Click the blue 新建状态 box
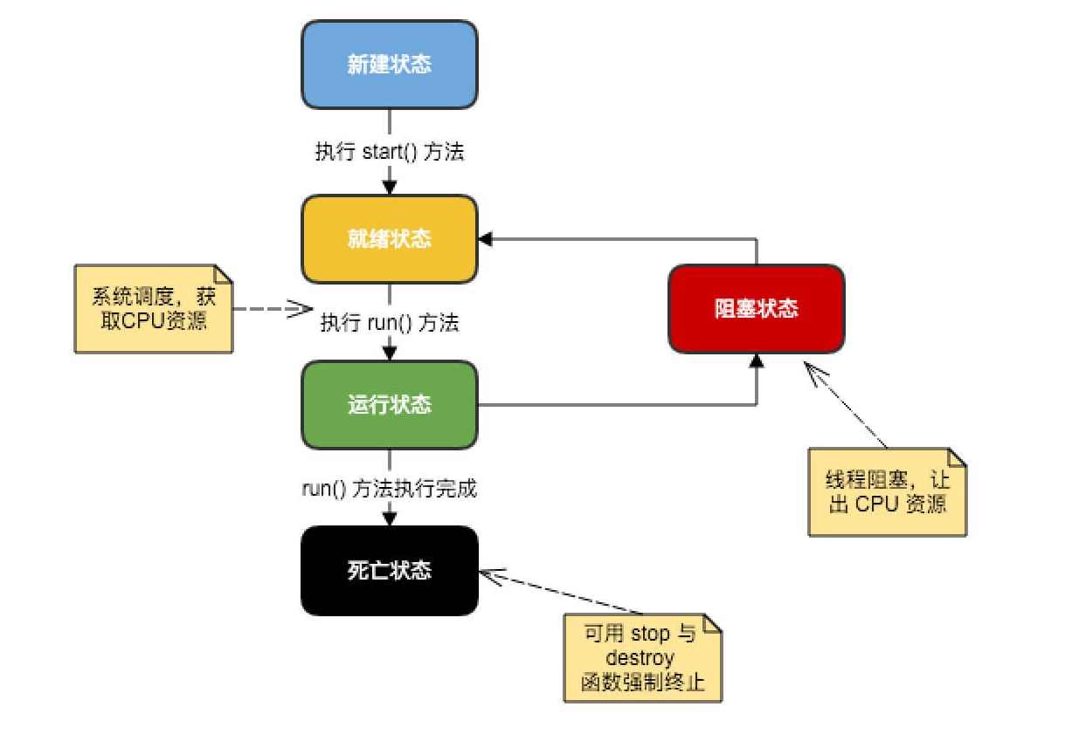(x=390, y=65)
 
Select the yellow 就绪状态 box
(x=390, y=238)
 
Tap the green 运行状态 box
(x=390, y=405)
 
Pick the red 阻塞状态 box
(x=757, y=309)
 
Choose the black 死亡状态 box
(x=390, y=571)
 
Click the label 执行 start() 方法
(x=390, y=152)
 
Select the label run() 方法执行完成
(x=390, y=489)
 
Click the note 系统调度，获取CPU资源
(x=154, y=309)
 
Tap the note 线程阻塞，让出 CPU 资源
(x=887, y=491)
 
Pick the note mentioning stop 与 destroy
(x=643, y=657)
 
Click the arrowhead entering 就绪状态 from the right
(x=486, y=238)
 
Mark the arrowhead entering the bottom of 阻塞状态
(x=757, y=360)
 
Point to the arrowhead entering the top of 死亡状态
(x=390, y=518)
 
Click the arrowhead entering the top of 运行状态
(x=390, y=353)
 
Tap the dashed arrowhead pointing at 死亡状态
(x=489, y=576)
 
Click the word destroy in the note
(x=643, y=657)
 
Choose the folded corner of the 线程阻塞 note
(x=957, y=457)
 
